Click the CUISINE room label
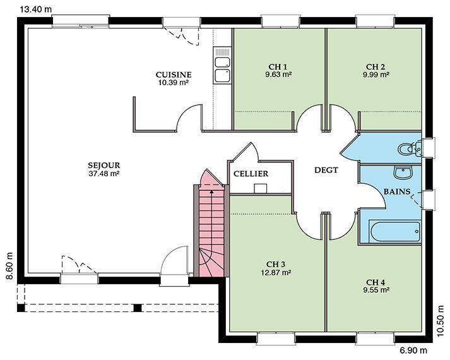[x=174, y=75]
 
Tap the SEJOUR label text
[x=104, y=165]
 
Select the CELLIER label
[x=251, y=174]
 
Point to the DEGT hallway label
[x=326, y=170]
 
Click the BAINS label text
[x=397, y=191]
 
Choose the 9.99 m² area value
[x=376, y=75]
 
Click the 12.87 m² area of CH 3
[x=276, y=272]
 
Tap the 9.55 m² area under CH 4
[x=376, y=290]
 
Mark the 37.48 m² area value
[x=104, y=174]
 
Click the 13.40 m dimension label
[x=36, y=9]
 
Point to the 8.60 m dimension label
[x=9, y=266]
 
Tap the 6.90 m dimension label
[x=413, y=351]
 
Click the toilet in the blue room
[x=409, y=148]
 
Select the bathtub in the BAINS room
[x=394, y=232]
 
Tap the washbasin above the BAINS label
[x=403, y=172]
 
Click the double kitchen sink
[x=222, y=66]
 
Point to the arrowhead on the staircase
[x=212, y=191]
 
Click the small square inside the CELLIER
[x=261, y=188]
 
